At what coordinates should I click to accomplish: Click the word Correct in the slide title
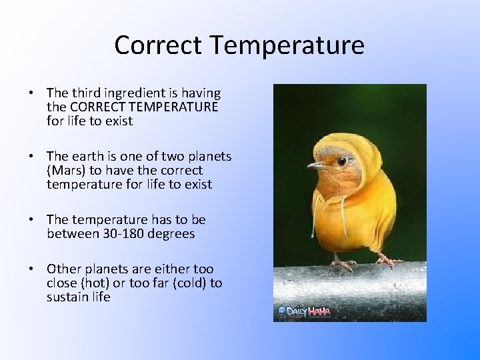158,45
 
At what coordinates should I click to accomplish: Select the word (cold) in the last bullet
183,283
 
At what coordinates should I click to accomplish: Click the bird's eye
341,161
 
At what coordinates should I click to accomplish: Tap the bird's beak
315,165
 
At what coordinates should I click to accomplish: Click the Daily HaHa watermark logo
303,311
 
